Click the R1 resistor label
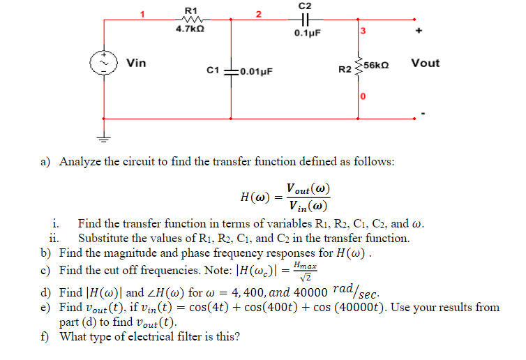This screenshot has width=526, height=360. click(x=190, y=9)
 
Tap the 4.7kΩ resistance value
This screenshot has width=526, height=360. click(x=190, y=31)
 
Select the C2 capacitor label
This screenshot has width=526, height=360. click(x=305, y=6)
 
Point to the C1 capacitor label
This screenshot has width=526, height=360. click(x=214, y=70)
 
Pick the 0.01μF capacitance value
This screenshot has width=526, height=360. click(x=255, y=71)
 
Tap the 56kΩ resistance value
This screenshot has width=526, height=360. click(x=376, y=63)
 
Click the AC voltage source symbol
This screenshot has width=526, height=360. click(x=105, y=63)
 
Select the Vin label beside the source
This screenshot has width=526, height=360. click(x=136, y=63)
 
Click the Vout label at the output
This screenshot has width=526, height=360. click(x=425, y=63)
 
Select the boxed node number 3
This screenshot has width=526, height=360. click(x=363, y=31)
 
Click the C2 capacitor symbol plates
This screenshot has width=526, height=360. click(x=306, y=20)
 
